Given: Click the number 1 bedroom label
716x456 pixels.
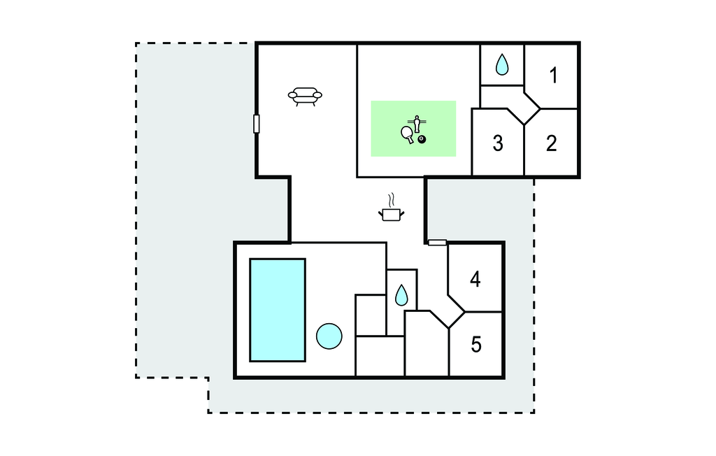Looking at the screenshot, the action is pyautogui.click(x=554, y=76).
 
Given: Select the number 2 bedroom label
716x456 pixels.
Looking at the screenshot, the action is pyautogui.click(x=552, y=143).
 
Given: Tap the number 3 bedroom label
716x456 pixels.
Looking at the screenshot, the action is pyautogui.click(x=498, y=143).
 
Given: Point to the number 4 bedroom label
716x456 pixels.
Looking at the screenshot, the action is pyautogui.click(x=475, y=279).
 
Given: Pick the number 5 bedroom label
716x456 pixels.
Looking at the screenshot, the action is pyautogui.click(x=476, y=345).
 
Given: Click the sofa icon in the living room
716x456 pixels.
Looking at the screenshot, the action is pyautogui.click(x=305, y=97).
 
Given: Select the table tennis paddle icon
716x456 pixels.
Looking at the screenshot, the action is pyautogui.click(x=408, y=134).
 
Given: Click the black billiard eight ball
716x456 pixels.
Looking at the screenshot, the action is pyautogui.click(x=422, y=139).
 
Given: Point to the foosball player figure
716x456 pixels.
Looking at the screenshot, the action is pyautogui.click(x=417, y=123).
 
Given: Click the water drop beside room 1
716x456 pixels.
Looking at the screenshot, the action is pyautogui.click(x=502, y=64).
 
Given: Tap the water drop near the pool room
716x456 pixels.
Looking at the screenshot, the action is pyautogui.click(x=401, y=295).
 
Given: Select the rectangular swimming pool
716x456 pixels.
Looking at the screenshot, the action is pyautogui.click(x=278, y=311).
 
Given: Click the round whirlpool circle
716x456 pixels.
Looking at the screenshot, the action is pyautogui.click(x=329, y=336).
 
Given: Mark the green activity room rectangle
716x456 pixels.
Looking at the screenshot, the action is pyautogui.click(x=413, y=129).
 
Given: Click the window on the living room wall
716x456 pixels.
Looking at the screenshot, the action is pyautogui.click(x=257, y=124).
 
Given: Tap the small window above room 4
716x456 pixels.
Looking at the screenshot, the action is pyautogui.click(x=437, y=243).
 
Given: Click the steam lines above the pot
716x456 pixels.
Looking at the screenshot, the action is pyautogui.click(x=391, y=200).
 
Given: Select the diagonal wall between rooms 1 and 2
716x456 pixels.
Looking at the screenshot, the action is pyautogui.click(x=532, y=101).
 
